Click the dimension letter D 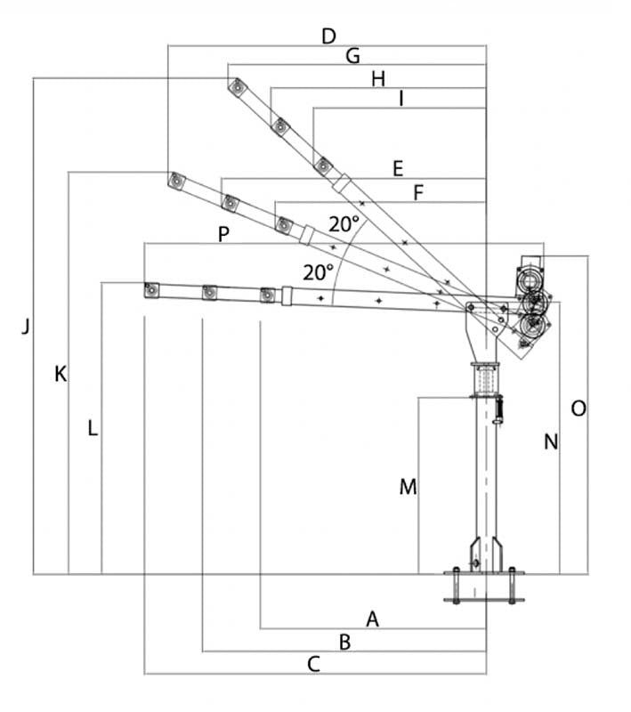coord(328,36)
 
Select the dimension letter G coord(352,57)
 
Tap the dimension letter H coord(378,79)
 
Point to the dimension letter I coord(401,100)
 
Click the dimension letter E coord(397,167)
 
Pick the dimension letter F coord(419,191)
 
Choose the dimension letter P coord(223,234)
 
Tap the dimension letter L coord(93,428)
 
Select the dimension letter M coord(408,487)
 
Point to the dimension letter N coord(551,441)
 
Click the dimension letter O coord(578,409)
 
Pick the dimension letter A coord(373,619)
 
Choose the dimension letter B coord(345,641)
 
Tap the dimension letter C coord(313,664)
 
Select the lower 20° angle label coord(318,272)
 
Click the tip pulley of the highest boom coord(237,87)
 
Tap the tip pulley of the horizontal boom coord(150,290)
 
